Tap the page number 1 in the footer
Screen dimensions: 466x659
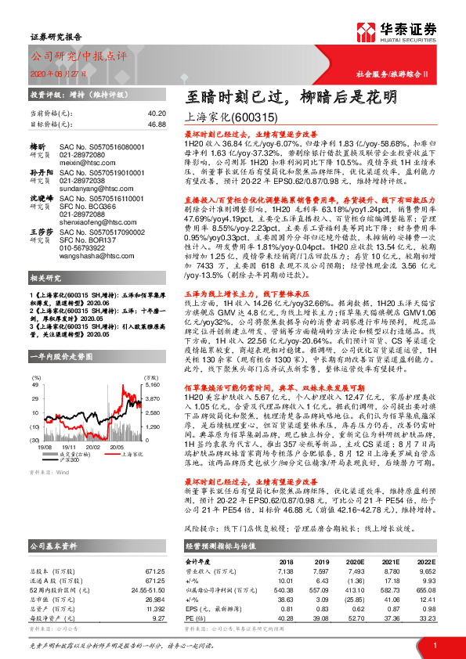tap(433, 644)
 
